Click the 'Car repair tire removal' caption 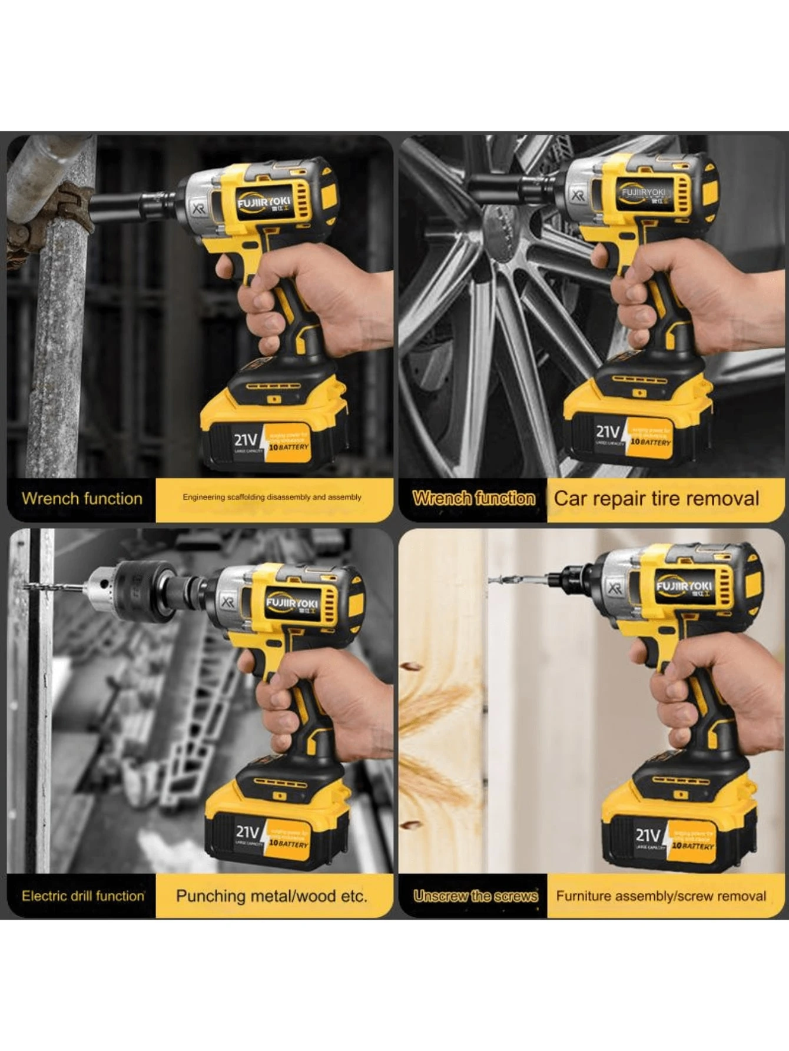pos(656,499)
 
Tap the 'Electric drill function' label pos(82,896)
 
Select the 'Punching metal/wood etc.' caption pos(271,896)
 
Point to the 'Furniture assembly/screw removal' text pos(661,896)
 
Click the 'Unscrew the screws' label pos(475,896)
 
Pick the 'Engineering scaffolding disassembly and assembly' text pos(271,497)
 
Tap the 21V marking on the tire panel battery pos(608,433)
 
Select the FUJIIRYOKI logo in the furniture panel pos(684,586)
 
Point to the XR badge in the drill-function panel pos(228,602)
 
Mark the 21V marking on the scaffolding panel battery pos(246,440)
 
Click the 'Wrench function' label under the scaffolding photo pos(82,499)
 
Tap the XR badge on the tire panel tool pos(578,195)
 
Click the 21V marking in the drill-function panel pos(247,832)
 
